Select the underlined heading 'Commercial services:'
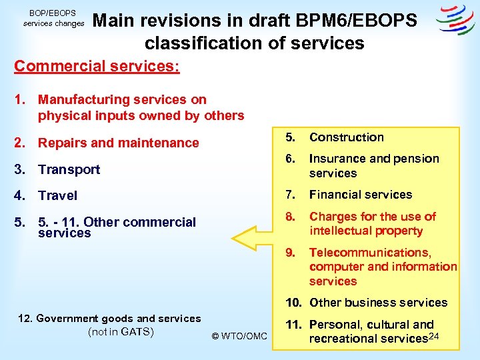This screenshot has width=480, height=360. pos(97,67)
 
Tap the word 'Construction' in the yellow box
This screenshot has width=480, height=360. pos(346,137)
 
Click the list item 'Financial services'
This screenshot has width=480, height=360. pos(360,195)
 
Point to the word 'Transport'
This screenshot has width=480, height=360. pos(69,169)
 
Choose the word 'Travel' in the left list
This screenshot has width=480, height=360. pos(57,195)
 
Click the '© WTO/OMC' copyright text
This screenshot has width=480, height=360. pos(239,336)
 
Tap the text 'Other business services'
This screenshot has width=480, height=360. pos(378,303)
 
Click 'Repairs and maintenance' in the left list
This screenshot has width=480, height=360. pos(118,143)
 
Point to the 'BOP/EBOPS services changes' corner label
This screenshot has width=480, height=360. pos(54,18)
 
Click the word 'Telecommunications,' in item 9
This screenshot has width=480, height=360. pos(370,253)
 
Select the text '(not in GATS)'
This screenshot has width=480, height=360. pos(121,332)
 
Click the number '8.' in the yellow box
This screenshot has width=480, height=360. pos(291,217)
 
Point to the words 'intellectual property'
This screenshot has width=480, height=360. pos(366,231)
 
